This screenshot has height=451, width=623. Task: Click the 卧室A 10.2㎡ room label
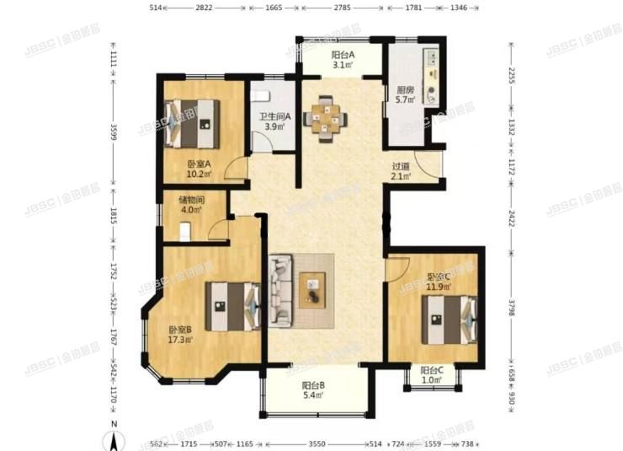pyautogui.click(x=200, y=170)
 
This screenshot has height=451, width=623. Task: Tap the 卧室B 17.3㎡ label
pyautogui.click(x=180, y=335)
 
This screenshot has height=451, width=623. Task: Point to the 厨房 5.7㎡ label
pyautogui.click(x=405, y=95)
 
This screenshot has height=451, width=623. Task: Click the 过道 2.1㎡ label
pyautogui.click(x=401, y=172)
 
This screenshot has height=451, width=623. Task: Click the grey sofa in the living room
pyautogui.click(x=280, y=290)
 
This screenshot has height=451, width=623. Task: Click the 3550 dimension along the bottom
pyautogui.click(x=317, y=443)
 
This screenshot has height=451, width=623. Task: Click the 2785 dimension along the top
pyautogui.click(x=342, y=8)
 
